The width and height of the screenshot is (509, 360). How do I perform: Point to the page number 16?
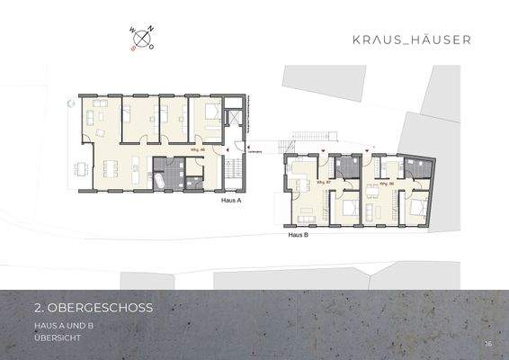487,343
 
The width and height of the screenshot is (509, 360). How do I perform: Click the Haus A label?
231,202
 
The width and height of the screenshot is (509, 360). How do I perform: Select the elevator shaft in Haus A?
234,118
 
